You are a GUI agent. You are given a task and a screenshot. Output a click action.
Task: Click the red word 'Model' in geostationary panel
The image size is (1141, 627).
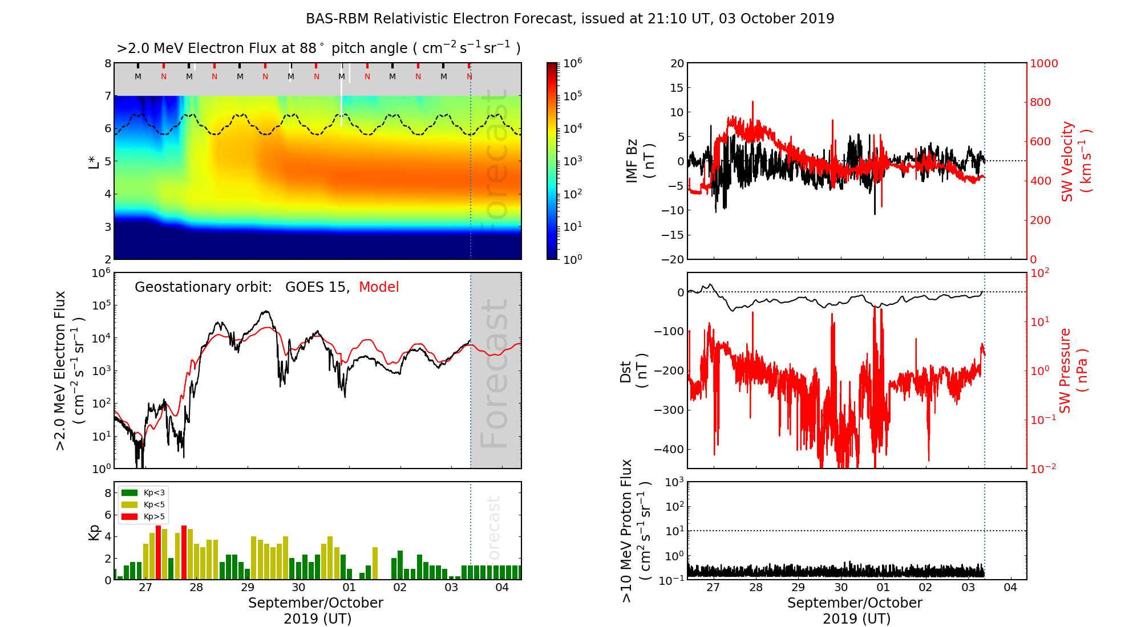[379, 287]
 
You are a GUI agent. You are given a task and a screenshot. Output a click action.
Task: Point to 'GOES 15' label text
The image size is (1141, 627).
[317, 287]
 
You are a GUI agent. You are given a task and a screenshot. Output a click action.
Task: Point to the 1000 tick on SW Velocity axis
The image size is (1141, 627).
[1043, 64]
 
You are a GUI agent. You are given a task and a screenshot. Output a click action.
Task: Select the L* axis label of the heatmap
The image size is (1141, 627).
[94, 161]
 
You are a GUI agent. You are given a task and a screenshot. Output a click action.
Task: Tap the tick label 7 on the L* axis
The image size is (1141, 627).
[108, 96]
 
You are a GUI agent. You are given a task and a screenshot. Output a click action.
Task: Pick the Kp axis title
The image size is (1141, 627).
[94, 532]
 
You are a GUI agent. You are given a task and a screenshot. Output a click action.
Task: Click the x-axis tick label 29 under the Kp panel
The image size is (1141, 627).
[247, 588]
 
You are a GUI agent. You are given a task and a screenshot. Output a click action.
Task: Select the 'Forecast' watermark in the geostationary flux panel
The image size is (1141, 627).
[495, 373]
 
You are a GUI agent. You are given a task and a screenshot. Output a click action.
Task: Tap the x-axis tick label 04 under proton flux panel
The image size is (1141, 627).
[1010, 588]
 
